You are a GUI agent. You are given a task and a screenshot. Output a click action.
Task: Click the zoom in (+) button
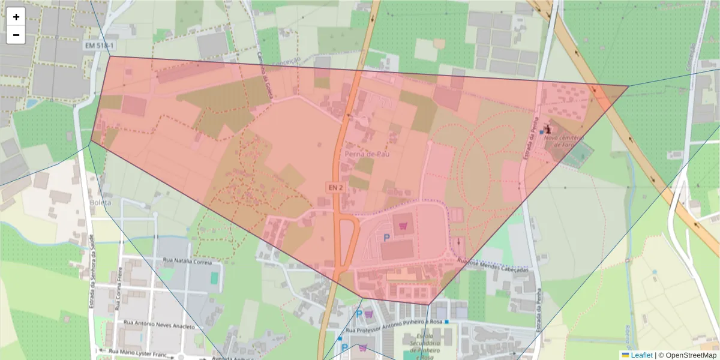click(x=16, y=17)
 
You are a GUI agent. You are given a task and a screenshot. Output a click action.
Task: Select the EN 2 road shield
click(x=335, y=188)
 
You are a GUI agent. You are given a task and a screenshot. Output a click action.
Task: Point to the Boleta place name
click(x=100, y=202)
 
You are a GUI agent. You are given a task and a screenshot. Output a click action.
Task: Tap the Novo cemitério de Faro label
click(x=564, y=140)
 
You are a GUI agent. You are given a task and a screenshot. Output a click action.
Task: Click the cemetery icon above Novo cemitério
click(x=547, y=129)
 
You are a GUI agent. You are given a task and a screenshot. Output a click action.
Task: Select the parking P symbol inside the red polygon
click(x=386, y=238)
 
